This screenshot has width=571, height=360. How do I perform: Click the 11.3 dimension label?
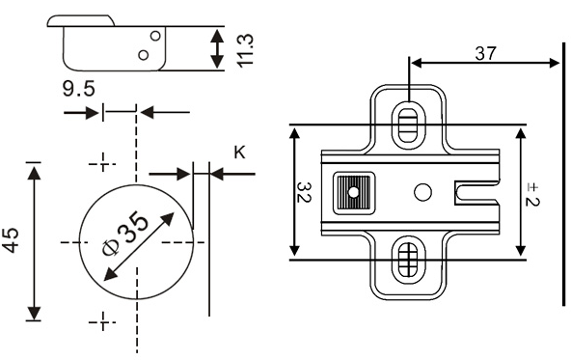(245, 50)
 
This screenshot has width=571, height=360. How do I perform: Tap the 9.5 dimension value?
(79, 89)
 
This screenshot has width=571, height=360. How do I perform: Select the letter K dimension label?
(239, 152)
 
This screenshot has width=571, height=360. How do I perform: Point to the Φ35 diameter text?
(125, 234)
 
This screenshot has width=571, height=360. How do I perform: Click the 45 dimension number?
(11, 240)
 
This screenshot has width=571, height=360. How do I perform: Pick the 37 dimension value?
(485, 53)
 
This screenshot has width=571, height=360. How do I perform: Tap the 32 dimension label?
(303, 192)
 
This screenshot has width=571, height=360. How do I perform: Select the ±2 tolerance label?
(532, 195)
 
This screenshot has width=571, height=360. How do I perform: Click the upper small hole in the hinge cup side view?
(155, 36)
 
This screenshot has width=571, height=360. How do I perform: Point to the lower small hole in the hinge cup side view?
(144, 55)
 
